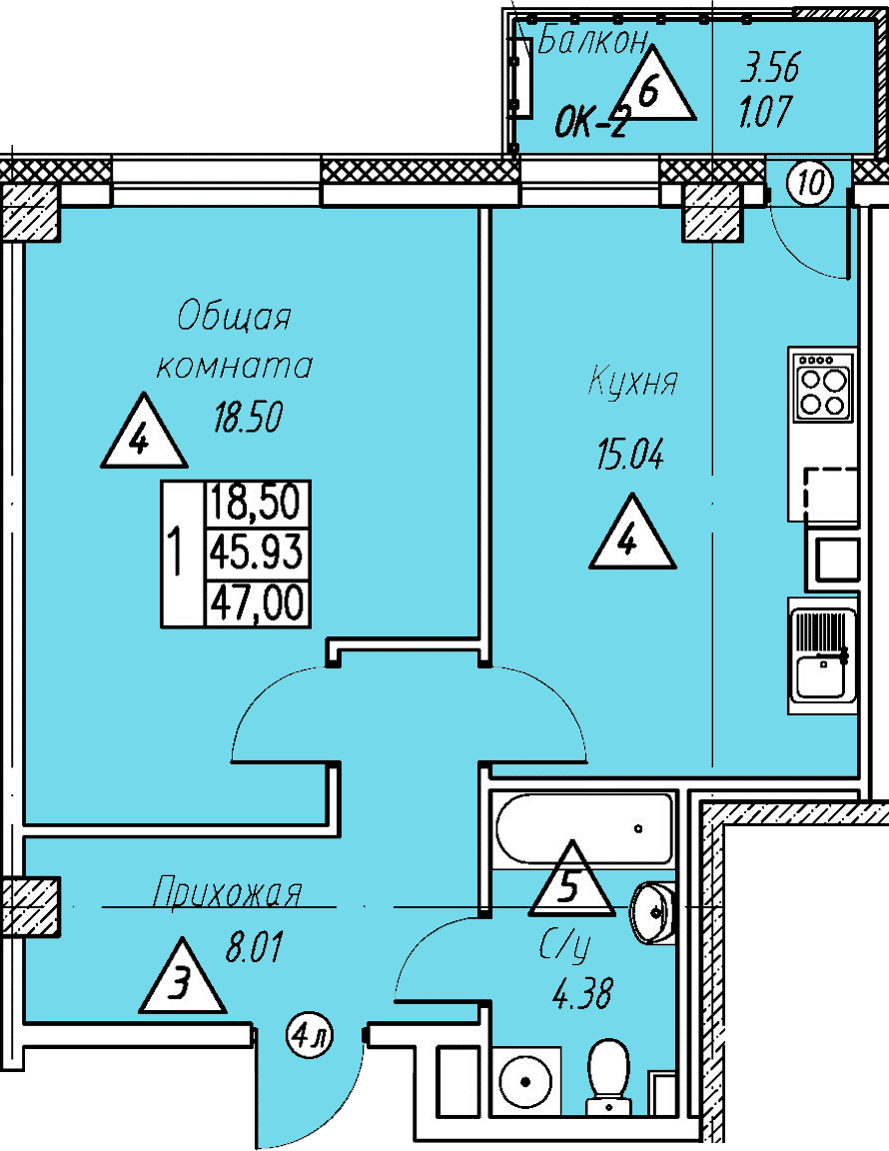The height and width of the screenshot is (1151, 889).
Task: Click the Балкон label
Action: point(593,43)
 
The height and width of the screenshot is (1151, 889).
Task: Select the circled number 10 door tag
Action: point(811,182)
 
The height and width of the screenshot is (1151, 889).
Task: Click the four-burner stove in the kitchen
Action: point(823,386)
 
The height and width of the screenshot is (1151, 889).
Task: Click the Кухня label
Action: point(633,383)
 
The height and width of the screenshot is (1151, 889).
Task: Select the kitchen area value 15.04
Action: point(630,456)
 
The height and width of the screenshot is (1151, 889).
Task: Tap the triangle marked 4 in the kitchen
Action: point(632,534)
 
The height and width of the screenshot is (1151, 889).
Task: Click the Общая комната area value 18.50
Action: point(248,417)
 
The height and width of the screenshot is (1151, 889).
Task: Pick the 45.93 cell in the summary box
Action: point(257,552)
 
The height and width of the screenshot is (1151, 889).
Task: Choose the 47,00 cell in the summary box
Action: point(257,603)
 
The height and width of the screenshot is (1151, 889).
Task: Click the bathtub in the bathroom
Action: point(584,828)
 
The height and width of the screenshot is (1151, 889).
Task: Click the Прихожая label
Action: point(228,893)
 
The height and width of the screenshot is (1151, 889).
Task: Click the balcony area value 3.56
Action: point(769,69)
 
